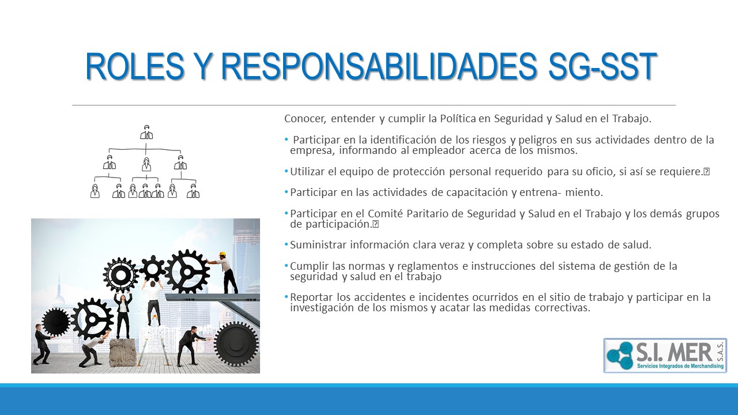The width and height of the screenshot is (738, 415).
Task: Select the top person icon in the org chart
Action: (x=146, y=132)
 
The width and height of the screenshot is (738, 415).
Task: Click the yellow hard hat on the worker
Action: (x=223, y=254)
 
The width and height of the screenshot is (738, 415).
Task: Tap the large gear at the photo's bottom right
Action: (x=236, y=344)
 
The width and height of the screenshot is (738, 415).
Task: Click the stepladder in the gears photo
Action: (x=154, y=346)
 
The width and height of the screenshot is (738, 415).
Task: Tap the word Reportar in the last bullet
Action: (x=311, y=297)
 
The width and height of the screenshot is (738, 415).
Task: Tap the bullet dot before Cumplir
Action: (x=286, y=266)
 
